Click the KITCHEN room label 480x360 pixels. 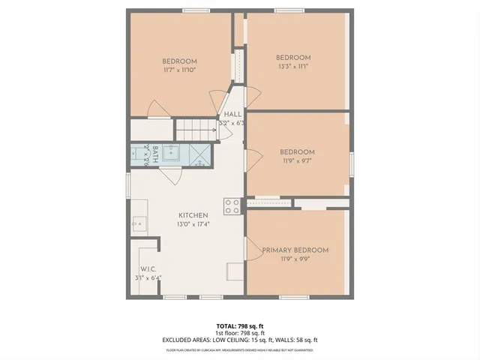[x=193, y=215]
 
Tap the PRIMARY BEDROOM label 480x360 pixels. [x=295, y=250]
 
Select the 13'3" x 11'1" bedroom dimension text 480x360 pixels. [x=292, y=66]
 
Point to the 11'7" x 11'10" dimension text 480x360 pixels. [x=179, y=70]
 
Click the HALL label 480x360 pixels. [x=233, y=114]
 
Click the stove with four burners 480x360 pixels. [x=232, y=206]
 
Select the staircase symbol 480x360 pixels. [x=196, y=128]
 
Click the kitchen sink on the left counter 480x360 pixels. [x=139, y=223]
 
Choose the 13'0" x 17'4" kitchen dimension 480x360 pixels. [x=193, y=224]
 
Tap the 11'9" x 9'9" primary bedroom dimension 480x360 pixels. [x=295, y=259]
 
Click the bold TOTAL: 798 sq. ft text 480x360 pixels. [x=240, y=325]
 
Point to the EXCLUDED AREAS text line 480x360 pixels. [x=240, y=340]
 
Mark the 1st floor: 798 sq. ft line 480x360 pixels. [x=240, y=332]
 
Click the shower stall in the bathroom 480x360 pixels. [x=199, y=154]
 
